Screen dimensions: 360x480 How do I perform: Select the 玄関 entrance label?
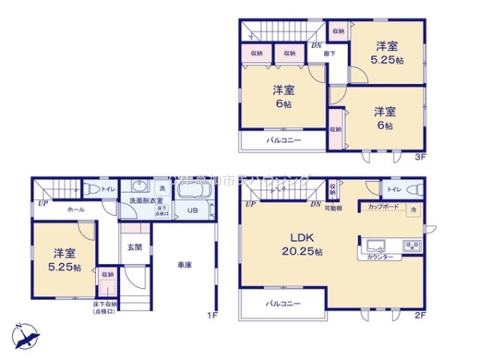point(135,248)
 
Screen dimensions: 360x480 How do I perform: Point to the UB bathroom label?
point(193,210)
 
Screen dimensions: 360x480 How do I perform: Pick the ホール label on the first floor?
point(76,209)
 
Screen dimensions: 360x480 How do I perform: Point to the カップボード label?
point(384,206)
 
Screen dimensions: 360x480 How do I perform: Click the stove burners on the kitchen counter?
point(410,245)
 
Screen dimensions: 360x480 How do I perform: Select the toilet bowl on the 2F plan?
point(414,190)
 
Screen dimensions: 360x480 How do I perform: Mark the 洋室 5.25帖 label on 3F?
point(387,51)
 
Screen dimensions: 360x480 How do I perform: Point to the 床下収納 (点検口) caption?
point(104,307)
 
